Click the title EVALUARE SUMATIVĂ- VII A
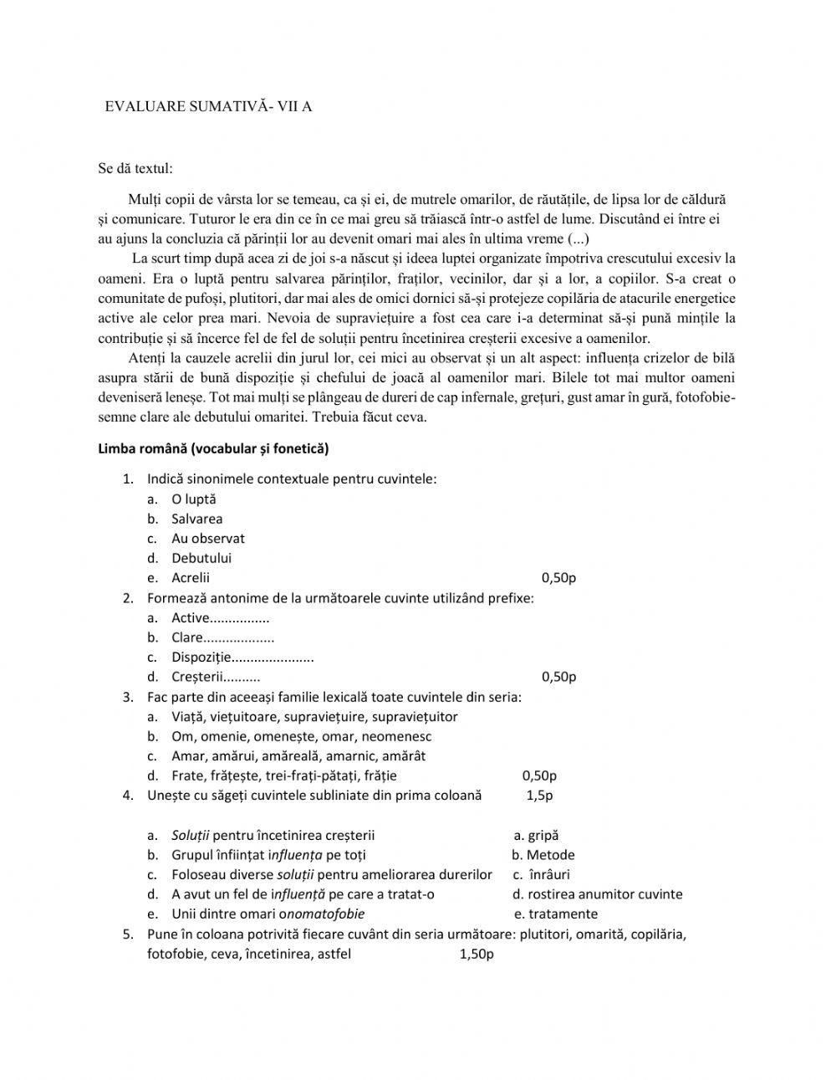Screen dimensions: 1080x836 click(208, 106)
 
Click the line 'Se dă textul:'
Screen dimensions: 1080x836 click(135, 168)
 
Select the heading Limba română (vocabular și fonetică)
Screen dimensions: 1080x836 click(213, 448)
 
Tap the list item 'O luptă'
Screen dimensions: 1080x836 click(193, 499)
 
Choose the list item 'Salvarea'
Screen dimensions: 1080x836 click(196, 519)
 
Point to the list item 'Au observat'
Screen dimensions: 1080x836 click(207, 538)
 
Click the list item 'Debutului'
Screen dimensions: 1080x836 click(201, 558)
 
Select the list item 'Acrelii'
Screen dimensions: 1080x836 click(191, 577)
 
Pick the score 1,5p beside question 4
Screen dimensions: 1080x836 click(539, 795)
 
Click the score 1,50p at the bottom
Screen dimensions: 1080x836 click(477, 953)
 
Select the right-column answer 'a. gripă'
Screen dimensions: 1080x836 click(536, 835)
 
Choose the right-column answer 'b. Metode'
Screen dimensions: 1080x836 click(543, 855)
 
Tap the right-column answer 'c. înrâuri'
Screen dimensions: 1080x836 click(543, 874)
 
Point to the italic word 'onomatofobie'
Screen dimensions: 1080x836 click(326, 914)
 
